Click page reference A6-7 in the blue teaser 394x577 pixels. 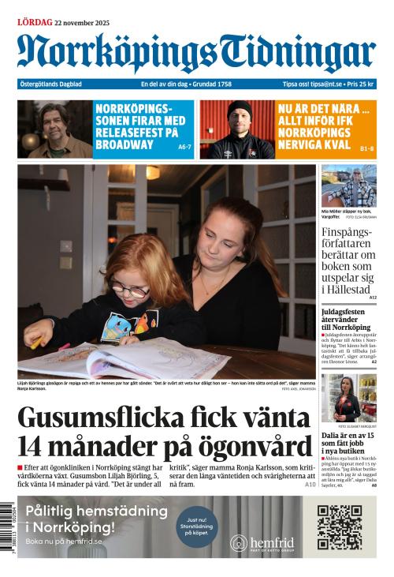coord(185,147)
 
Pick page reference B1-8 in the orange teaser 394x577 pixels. coord(366,148)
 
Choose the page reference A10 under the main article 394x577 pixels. coord(310,484)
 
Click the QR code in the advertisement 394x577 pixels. coord(339,527)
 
